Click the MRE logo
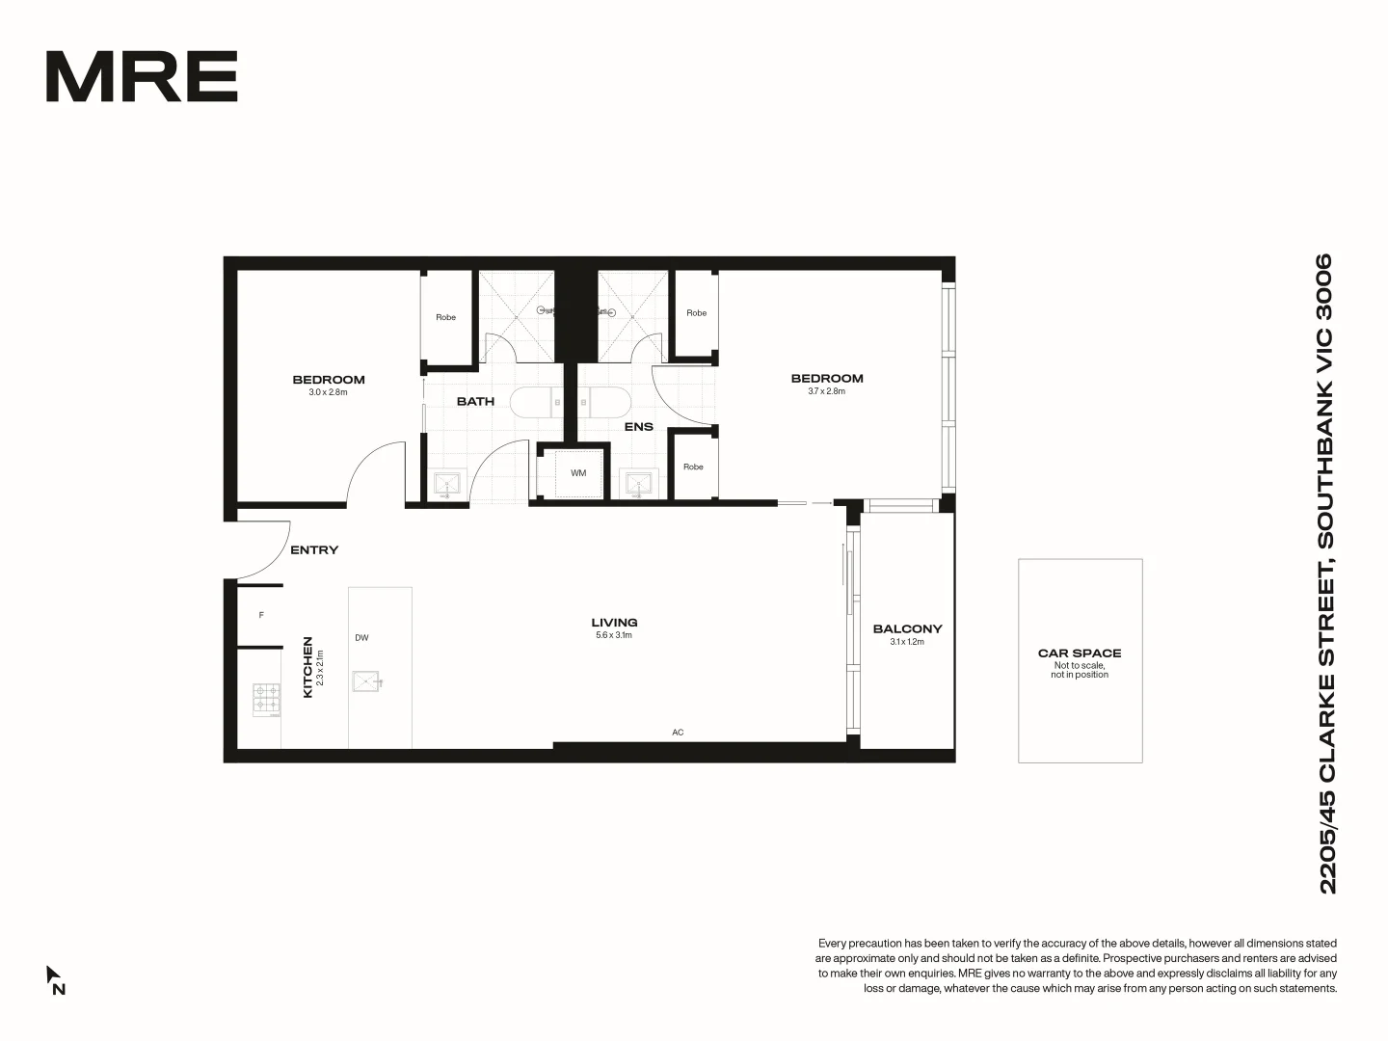pos(142,77)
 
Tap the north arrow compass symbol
pos(54,978)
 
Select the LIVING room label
pos(614,623)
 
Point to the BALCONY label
pos(907,628)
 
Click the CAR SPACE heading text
pos(1080,653)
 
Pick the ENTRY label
pos(314,550)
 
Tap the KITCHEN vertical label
pos(308,666)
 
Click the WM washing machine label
pos(578,473)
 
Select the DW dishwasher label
pos(361,638)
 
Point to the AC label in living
pos(678,733)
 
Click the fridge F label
pos(261,615)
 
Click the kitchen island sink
pos(367,681)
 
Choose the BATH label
pos(475,401)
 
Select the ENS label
pos(638,426)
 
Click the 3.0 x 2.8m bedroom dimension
pos(328,392)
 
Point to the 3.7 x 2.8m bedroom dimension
pos(826,391)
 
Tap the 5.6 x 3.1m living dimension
pos(614,635)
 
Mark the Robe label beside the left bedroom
pos(445,317)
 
